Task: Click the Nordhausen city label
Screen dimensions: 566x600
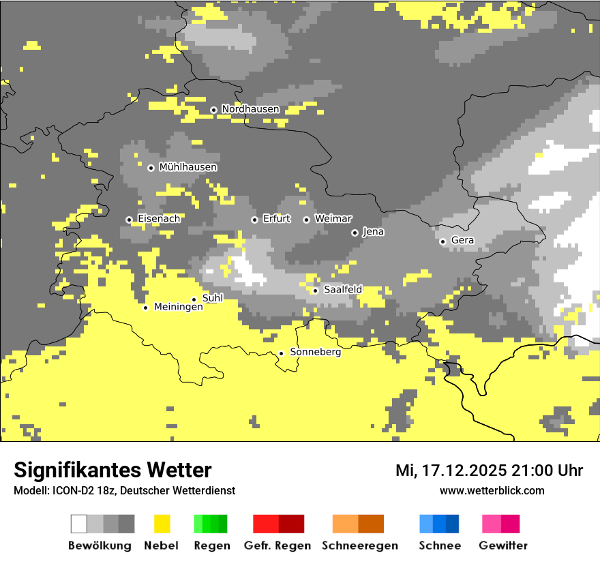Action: pyautogui.click(x=250, y=109)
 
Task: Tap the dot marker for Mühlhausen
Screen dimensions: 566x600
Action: pyautogui.click(x=151, y=168)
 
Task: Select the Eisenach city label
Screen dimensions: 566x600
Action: pyautogui.click(x=159, y=219)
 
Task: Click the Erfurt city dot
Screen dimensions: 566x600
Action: pyautogui.click(x=254, y=220)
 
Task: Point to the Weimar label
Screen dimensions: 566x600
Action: pyautogui.click(x=333, y=219)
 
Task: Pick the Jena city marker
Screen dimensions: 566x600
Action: pyautogui.click(x=355, y=233)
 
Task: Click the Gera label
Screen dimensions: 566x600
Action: pyautogui.click(x=462, y=241)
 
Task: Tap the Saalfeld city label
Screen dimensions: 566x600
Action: pyautogui.click(x=343, y=290)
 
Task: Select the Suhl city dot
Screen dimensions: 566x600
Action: pyautogui.click(x=194, y=299)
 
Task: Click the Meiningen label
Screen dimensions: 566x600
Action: pyautogui.click(x=178, y=308)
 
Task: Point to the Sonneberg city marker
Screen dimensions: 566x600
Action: pyautogui.click(x=281, y=353)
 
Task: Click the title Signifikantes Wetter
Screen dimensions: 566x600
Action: pyautogui.click(x=112, y=470)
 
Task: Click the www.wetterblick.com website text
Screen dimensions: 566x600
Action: pyautogui.click(x=492, y=490)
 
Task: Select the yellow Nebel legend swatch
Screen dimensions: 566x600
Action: pyautogui.click(x=162, y=524)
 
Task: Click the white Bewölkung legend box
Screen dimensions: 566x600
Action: pyautogui.click(x=79, y=524)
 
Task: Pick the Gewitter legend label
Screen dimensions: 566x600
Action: pyautogui.click(x=502, y=546)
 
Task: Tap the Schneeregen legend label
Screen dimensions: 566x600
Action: pyautogui.click(x=359, y=546)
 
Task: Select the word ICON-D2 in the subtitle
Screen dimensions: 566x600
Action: pyautogui.click(x=67, y=490)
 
